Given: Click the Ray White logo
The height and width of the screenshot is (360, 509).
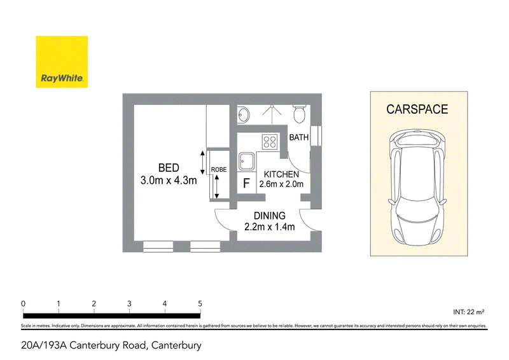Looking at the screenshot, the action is coord(62,62).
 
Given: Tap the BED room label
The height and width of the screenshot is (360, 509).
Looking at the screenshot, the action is coord(169,168).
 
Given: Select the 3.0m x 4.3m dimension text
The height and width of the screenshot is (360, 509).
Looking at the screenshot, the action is coord(169,181).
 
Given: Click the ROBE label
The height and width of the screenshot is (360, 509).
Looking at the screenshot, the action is coord(219,169).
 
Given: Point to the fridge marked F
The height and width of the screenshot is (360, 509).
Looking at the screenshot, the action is coord(246,183).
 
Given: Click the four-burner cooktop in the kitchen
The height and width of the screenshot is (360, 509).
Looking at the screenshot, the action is coord(270,142).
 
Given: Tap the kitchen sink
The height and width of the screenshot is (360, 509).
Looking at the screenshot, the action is coord(247,162).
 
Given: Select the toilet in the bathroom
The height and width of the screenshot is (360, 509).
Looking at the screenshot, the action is coord(299,114).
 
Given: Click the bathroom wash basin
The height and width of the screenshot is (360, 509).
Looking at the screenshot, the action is coord(244,114).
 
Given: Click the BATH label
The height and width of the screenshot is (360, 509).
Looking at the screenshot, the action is coord(298,137).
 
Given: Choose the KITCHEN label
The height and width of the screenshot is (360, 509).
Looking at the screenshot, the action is coord(281,175).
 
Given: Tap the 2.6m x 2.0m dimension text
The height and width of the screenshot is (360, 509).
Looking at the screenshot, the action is coord(281,184).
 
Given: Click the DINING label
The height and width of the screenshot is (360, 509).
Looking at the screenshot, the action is coord(269,216).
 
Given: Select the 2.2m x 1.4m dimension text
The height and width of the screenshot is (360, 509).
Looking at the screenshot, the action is coord(269,227).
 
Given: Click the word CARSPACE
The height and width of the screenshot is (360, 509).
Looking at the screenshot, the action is coord(417,109).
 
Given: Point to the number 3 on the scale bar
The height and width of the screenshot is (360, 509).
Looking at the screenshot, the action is coord(129,304).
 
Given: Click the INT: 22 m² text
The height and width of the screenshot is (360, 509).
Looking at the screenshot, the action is coord(469,312).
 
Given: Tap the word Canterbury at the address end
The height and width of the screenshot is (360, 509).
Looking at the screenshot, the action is coord(176,345).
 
